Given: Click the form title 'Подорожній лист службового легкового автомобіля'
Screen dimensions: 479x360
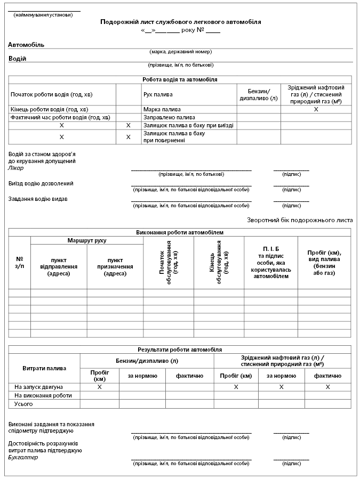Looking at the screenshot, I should tap(180, 22).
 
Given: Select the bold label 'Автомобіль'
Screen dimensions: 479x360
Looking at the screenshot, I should tap(26, 45).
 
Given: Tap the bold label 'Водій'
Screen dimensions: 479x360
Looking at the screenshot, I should tap(18, 58).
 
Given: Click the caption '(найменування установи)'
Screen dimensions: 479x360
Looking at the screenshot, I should tap(43, 14).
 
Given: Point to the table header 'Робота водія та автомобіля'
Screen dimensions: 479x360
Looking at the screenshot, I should tap(180, 79).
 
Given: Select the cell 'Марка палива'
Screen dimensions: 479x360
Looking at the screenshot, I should tap(163, 109).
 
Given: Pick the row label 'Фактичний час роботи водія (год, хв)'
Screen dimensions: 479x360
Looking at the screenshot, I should tap(60, 117).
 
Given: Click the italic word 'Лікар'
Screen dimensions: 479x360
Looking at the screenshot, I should tap(16, 168).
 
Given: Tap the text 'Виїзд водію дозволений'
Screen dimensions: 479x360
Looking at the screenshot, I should tap(41, 183).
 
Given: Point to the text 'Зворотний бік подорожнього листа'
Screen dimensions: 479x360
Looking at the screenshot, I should tap(300, 220).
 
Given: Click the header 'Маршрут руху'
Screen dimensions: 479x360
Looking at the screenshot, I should tap(86, 240).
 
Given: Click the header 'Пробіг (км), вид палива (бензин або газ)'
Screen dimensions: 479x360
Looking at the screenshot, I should tap(324, 262).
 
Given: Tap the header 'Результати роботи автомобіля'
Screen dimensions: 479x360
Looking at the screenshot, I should tap(180, 350).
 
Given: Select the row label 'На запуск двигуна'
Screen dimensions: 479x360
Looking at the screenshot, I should tap(39, 387).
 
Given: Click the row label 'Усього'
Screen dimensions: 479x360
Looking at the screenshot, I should tap(24, 404).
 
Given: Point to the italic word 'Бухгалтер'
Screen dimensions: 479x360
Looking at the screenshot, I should tap(23, 457).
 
